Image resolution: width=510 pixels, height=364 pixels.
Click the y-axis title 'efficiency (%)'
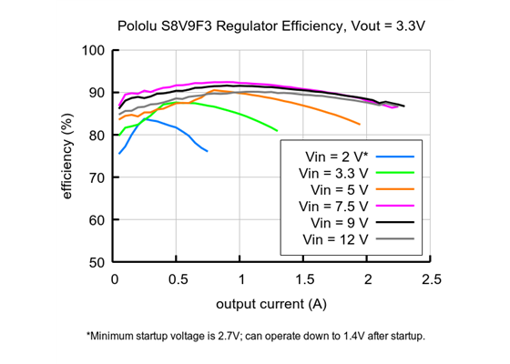click(68, 156)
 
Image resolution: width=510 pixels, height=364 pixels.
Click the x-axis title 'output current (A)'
click(271, 301)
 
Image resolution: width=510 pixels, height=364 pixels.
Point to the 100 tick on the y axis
click(93, 50)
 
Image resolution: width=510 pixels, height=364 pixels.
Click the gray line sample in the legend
click(394, 239)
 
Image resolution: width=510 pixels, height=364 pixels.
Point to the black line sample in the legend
click(394, 223)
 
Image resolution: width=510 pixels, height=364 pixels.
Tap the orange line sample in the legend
click(394, 189)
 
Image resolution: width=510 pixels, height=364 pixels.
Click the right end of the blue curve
click(207, 151)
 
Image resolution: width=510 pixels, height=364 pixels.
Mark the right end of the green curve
click(277, 131)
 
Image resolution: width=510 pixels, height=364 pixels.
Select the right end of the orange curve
click(360, 125)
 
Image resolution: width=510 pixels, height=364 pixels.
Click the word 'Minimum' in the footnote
click(115, 336)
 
